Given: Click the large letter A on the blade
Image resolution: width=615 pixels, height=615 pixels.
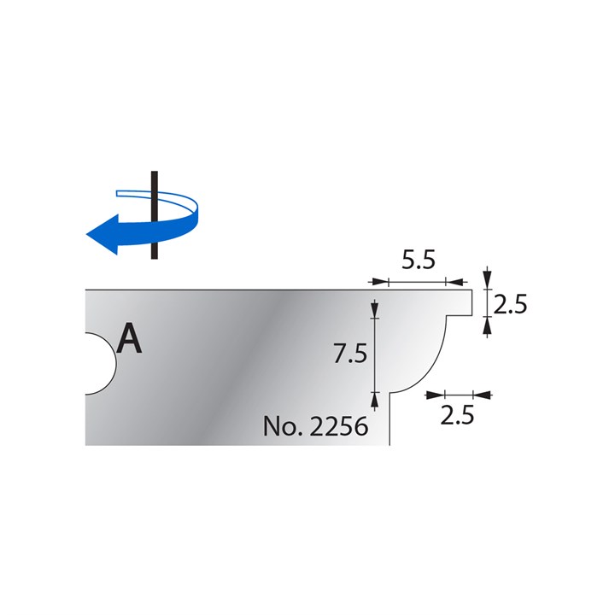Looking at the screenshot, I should tap(129, 338).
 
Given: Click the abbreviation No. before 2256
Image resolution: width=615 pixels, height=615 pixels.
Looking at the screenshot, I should tap(280, 425).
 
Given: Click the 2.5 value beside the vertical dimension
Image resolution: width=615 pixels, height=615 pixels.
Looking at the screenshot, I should tap(509, 304).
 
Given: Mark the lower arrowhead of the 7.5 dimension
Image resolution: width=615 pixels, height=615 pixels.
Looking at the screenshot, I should tap(374, 397).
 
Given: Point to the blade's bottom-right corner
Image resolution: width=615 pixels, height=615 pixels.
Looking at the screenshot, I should tap(390, 444).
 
